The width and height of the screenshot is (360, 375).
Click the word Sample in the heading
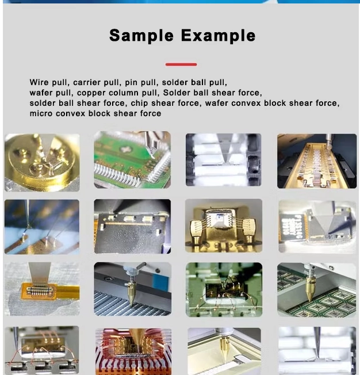[141, 36]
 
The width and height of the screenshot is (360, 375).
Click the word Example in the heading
[218, 36]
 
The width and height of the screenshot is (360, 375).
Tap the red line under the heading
[181, 64]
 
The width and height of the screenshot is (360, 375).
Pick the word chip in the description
[139, 104]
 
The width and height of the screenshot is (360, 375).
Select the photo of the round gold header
[42, 163]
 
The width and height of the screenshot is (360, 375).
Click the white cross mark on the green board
[125, 150]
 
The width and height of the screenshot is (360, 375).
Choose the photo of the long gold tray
[317, 161]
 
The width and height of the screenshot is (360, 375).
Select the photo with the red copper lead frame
[133, 351]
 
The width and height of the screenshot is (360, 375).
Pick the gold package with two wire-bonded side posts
[224, 225]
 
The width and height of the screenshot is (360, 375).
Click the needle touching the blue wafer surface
[28, 215]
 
